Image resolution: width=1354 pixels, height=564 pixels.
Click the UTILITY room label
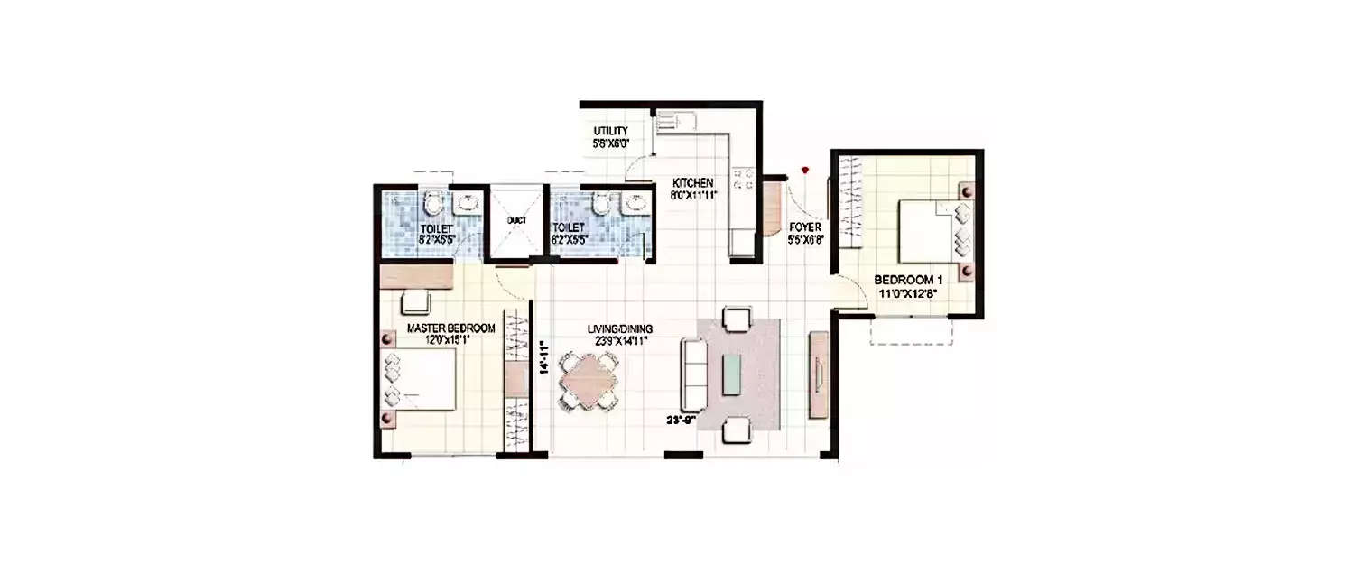tap(611, 131)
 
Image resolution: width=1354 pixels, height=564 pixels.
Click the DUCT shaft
tap(517, 221)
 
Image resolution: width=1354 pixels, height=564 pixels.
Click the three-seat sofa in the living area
tap(695, 374)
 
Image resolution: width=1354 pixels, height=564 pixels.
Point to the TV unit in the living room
tap(819, 374)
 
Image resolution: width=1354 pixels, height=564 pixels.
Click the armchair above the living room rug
tap(737, 319)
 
